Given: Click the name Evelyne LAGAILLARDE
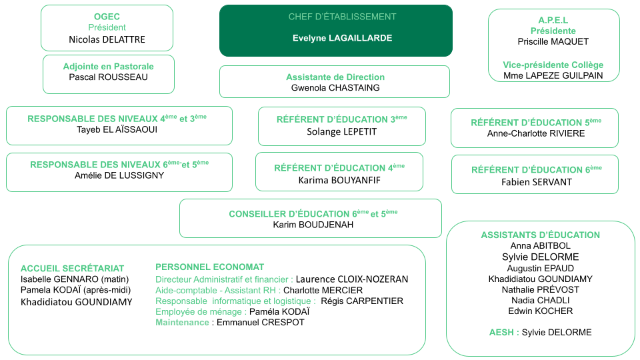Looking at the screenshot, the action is click(342, 38).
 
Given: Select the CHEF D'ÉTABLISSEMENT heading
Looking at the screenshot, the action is click(342, 17).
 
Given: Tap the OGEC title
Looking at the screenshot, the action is click(107, 17).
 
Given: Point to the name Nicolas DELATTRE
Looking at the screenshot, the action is click(107, 39).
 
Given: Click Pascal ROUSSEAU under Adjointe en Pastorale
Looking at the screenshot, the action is click(108, 77).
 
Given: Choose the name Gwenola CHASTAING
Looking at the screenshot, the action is click(335, 88).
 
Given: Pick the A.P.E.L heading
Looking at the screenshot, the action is click(553, 20).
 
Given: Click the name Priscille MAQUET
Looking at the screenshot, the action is click(553, 41).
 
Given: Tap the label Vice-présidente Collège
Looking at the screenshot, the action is click(553, 65).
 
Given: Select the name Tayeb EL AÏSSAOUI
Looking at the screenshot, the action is click(117, 129).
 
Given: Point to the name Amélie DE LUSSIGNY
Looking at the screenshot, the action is click(119, 175).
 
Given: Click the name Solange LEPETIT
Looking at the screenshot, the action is click(341, 132).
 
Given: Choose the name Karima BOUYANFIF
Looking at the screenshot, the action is click(339, 181).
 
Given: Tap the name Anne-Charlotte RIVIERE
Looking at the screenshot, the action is click(536, 133).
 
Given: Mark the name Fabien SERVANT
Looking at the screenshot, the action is click(537, 182).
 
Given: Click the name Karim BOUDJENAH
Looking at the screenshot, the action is click(313, 225).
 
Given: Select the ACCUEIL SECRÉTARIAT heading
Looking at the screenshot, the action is click(72, 269).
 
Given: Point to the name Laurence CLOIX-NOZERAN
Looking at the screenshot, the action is click(352, 279).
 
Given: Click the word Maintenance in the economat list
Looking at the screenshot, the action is click(182, 323).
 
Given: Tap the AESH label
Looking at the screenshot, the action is click(501, 332).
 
